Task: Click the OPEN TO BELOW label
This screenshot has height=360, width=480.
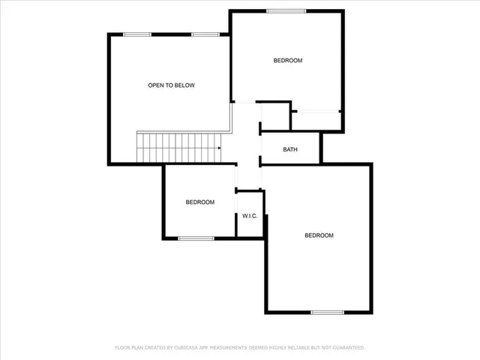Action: (171, 85)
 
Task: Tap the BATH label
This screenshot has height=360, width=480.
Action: (290, 149)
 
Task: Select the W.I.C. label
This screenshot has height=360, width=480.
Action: (250, 217)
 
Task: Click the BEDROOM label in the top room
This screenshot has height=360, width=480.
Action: (287, 61)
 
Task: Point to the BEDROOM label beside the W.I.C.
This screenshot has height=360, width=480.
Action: (200, 202)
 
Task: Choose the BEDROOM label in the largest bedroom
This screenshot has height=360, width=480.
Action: (319, 235)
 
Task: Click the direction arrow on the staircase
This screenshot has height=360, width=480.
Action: (217, 148)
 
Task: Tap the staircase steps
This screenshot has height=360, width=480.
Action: (176, 147)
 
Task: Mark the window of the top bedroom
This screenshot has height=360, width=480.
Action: (286, 10)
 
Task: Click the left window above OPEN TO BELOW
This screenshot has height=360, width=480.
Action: (137, 34)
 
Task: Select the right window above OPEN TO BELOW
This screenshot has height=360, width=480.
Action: (205, 34)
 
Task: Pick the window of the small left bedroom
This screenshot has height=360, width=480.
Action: (196, 238)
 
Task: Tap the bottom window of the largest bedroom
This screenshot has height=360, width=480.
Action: (327, 312)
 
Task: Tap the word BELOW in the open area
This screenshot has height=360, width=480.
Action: (184, 85)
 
